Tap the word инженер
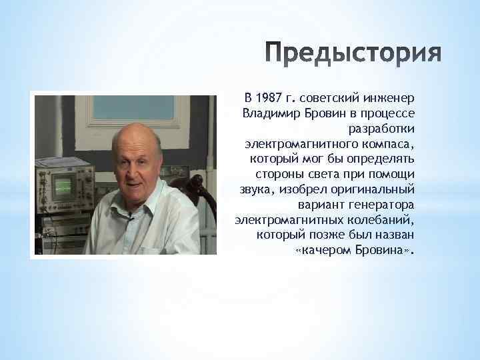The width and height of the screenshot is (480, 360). [389, 100]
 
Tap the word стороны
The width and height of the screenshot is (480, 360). [273, 175]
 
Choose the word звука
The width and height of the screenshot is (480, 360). [254, 190]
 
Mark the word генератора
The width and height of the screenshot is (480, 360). [381, 205]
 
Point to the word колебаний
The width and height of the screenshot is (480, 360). [382, 220]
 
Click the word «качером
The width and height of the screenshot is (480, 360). [323, 250]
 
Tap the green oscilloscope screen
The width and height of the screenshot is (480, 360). [64, 186]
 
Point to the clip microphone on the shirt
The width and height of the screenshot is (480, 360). [131, 217]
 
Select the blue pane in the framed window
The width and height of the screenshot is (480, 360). [133, 107]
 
